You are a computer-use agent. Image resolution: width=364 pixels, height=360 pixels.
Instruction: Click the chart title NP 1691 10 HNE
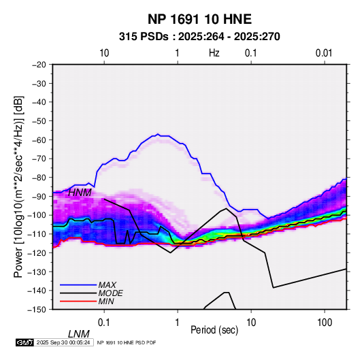pyautogui.click(x=199, y=19)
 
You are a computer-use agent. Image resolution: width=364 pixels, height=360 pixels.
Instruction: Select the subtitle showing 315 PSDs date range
pyautogui.click(x=199, y=37)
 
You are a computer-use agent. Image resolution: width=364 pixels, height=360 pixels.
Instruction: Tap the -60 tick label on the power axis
pyautogui.click(x=39, y=140)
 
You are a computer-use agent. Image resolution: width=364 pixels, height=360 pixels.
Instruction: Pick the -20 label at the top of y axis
pyautogui.click(x=39, y=65)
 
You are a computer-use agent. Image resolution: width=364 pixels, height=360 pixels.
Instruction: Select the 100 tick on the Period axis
pyautogui.click(x=325, y=323)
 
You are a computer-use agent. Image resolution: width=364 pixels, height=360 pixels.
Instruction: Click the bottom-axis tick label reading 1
pyautogui.click(x=178, y=323)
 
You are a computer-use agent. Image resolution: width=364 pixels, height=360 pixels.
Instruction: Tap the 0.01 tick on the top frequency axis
pyautogui.click(x=324, y=53)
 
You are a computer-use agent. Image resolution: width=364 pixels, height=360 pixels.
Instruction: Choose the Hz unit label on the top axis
pyautogui.click(x=214, y=53)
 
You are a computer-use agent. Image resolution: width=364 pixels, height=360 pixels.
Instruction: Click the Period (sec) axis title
pyautogui.click(x=214, y=330)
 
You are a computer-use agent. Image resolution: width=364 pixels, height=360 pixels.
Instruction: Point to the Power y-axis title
pyautogui.click(x=18, y=186)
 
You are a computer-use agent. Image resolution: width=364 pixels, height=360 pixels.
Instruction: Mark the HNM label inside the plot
pyautogui.click(x=80, y=193)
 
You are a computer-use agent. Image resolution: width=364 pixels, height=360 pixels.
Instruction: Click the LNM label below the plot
pyautogui.click(x=79, y=334)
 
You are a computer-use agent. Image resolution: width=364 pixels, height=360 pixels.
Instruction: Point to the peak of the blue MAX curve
pyautogui.click(x=158, y=134)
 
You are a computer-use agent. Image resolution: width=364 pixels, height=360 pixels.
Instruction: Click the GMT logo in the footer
pyautogui.click(x=24, y=342)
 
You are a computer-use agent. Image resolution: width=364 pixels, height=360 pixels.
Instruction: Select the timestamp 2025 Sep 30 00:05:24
pyautogui.click(x=63, y=342)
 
